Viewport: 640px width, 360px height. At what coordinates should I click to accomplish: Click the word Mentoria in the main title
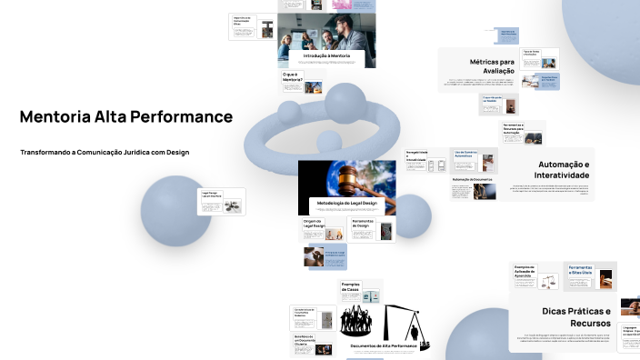55,117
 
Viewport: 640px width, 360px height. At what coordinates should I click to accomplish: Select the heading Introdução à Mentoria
326,56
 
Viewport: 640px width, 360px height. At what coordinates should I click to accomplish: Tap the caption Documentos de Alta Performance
383,346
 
